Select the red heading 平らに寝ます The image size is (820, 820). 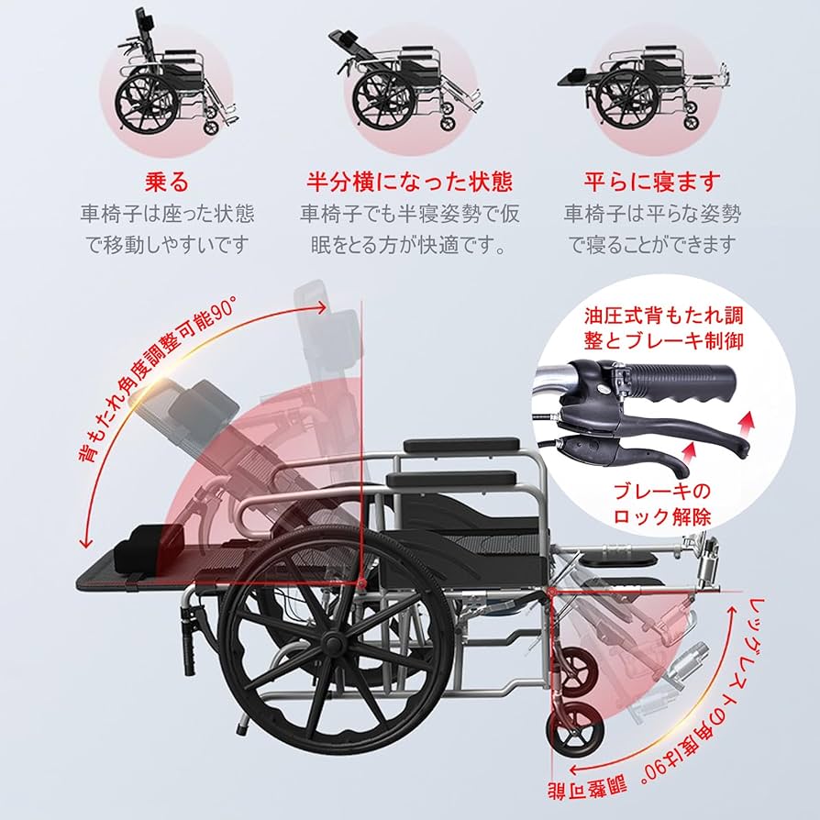tap(652, 182)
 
